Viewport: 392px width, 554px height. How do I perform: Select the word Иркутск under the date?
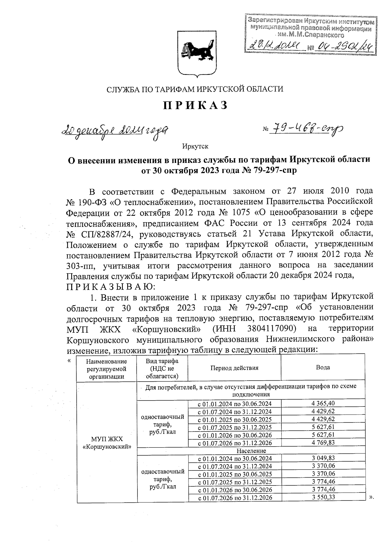click(195, 146)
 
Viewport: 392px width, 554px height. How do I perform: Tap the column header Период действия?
click(234, 368)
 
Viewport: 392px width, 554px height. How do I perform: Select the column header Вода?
click(323, 367)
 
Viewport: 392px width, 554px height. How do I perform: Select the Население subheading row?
click(251, 451)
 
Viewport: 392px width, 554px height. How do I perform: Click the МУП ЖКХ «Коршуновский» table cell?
click(106, 442)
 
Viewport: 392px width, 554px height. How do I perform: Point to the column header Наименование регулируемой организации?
click(106, 368)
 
